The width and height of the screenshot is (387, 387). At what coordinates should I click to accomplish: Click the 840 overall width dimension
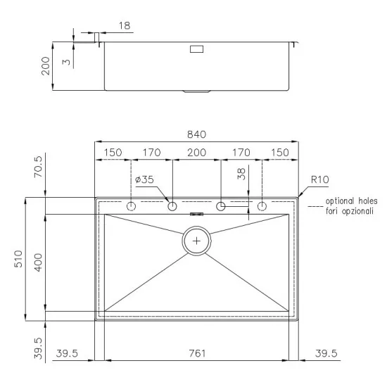click(x=196, y=134)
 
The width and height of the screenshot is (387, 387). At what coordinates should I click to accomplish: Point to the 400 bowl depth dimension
click(x=39, y=262)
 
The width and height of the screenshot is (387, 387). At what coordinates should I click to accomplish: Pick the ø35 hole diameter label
click(x=144, y=179)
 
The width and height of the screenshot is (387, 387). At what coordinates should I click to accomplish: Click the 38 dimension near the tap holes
click(x=243, y=175)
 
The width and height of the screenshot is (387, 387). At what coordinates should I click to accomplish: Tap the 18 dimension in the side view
click(x=124, y=25)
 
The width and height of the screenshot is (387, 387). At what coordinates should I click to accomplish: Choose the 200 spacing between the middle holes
click(x=196, y=151)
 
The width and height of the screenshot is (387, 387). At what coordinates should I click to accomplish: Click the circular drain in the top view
click(x=196, y=241)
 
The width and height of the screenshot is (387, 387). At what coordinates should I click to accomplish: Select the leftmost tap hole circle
click(x=131, y=207)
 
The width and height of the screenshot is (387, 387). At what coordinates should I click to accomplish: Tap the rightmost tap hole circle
click(x=262, y=207)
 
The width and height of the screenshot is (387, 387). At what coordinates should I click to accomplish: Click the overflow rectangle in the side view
click(x=196, y=49)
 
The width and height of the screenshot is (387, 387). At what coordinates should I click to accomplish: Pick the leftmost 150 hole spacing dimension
click(x=113, y=151)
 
